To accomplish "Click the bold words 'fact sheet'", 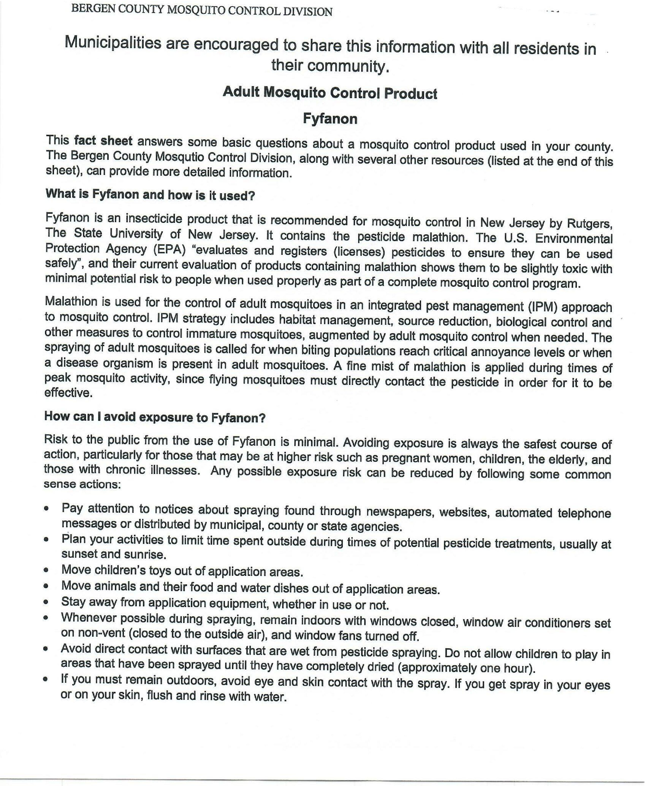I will pos(103,141).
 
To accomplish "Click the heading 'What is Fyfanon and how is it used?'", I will pos(150,195).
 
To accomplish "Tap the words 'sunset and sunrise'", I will pos(113,554).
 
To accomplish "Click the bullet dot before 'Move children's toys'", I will pos(46,570).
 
